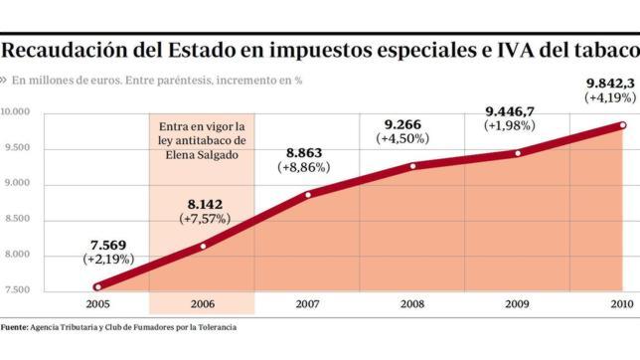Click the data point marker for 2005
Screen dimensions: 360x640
pos(97,286)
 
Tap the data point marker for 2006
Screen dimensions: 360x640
pos(203,246)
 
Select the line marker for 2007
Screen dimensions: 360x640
pos(308,194)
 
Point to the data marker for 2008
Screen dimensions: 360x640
pos(412,165)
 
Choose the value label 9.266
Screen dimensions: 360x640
pos(402,124)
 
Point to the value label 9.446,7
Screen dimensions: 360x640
pos(511,110)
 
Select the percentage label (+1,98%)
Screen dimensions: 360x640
pos(511,126)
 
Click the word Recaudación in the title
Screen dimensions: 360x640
pos(71,49)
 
